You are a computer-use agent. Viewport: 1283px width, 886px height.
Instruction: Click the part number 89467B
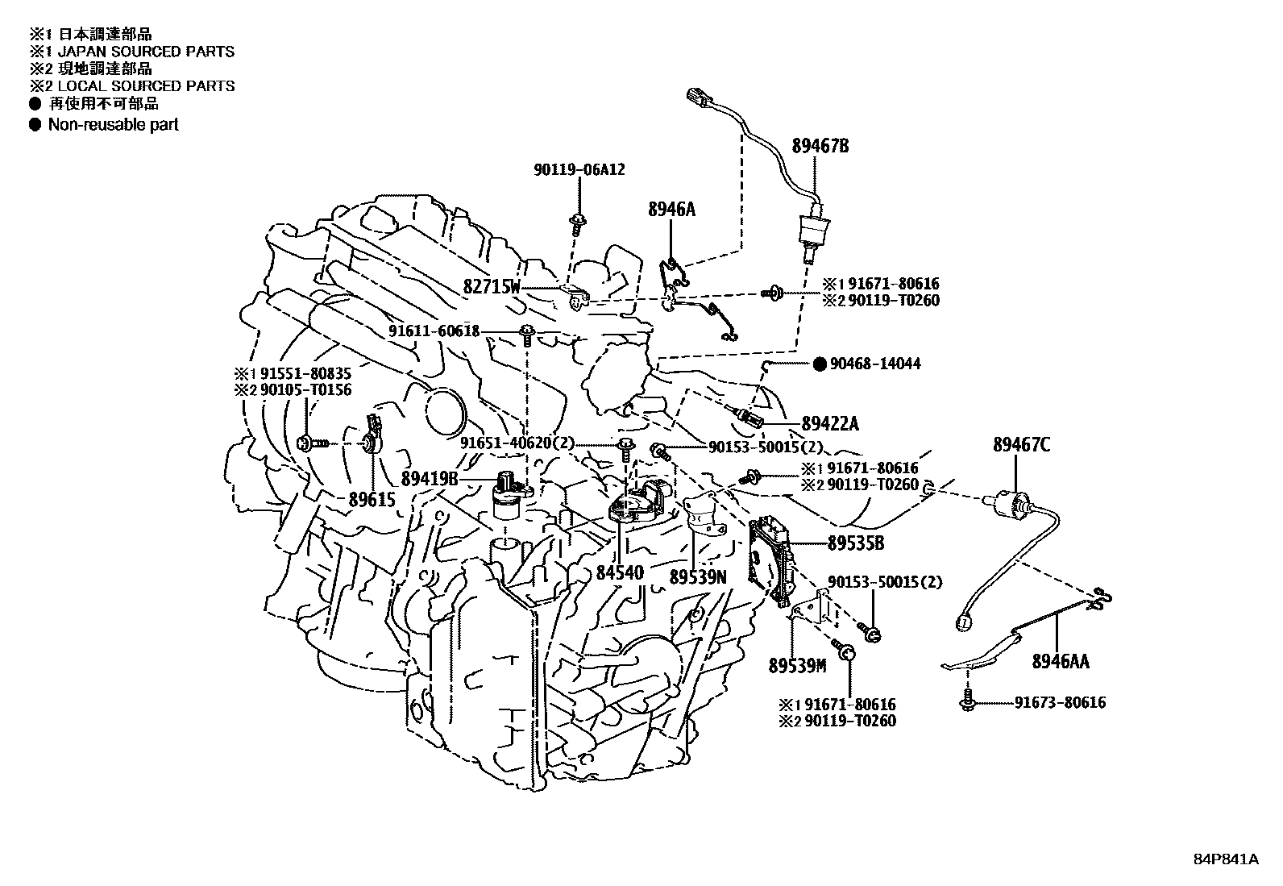tap(820, 147)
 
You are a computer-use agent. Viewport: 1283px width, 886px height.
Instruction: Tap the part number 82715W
tap(492, 287)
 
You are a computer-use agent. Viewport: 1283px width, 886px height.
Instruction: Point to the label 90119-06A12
tap(579, 170)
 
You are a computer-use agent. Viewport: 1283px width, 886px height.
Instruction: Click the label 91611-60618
tap(434, 331)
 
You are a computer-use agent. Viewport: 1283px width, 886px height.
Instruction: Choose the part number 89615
tap(372, 500)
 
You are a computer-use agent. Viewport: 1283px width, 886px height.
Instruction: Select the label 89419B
tap(429, 479)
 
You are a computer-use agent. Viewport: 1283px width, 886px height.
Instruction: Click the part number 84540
tap(620, 572)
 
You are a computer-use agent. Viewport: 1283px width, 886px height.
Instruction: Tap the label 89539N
tap(698, 577)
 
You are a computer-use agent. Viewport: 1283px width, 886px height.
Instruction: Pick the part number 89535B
tap(855, 544)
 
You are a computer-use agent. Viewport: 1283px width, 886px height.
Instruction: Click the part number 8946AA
tap(1060, 662)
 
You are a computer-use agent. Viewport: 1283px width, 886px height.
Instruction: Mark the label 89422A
tap(830, 424)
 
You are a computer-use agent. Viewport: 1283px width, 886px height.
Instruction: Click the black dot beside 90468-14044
tap(820, 364)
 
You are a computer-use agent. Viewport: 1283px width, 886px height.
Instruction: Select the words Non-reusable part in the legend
tap(113, 125)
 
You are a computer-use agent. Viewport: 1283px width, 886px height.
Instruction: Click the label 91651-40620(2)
tap(517, 443)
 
